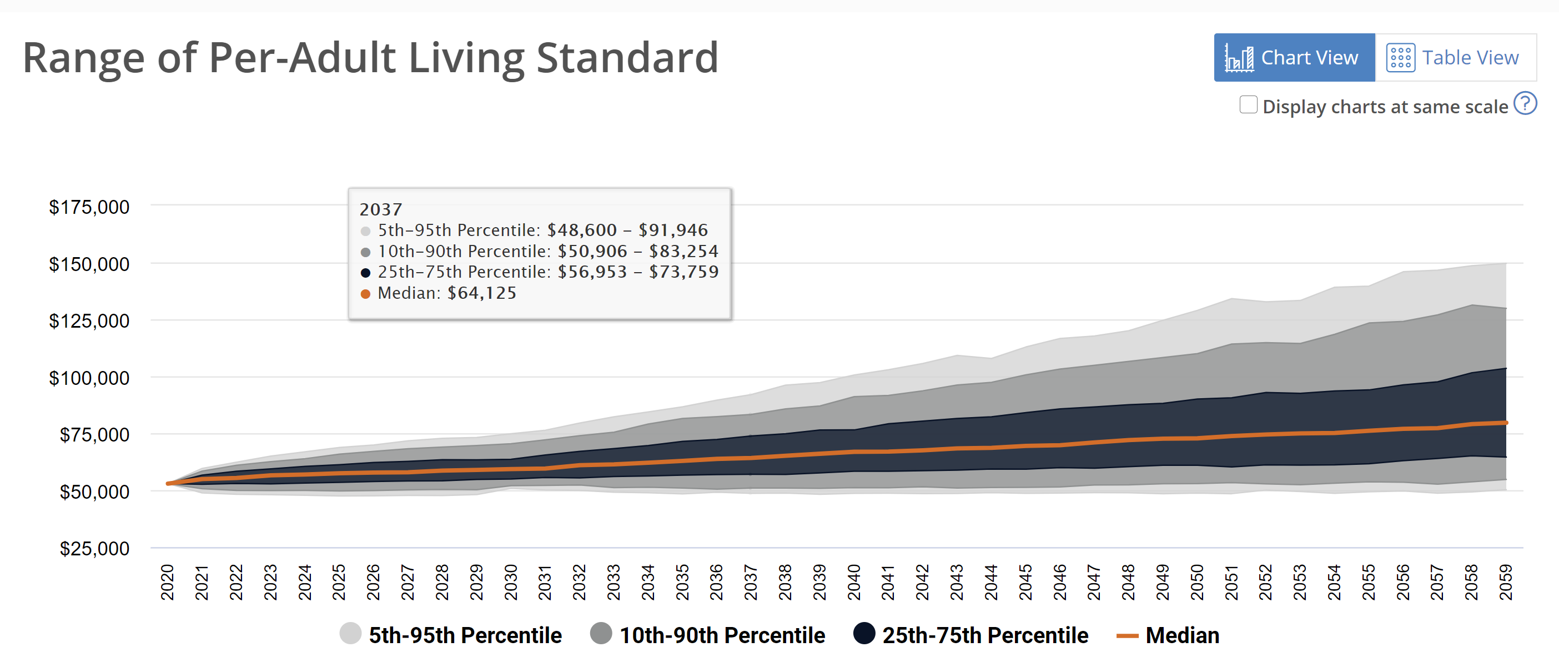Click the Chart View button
tap(1294, 58)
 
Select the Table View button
tap(1455, 58)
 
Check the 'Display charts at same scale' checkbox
tap(1248, 105)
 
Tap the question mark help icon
tap(1525, 103)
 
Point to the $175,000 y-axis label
tap(89, 207)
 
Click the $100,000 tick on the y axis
tap(89, 378)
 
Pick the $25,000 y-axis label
tap(94, 549)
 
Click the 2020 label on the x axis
tap(168, 582)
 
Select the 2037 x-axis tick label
tap(751, 582)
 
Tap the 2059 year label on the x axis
tap(1506, 582)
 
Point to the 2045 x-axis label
tap(1025, 582)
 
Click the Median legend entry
tap(1168, 635)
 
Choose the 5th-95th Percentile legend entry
tap(451, 635)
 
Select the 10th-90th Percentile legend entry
tap(707, 635)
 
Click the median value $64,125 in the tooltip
tap(482, 293)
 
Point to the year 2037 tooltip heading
tap(381, 209)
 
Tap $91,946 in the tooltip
tap(673, 230)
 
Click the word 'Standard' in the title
tap(627, 58)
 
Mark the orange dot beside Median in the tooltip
tap(365, 294)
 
